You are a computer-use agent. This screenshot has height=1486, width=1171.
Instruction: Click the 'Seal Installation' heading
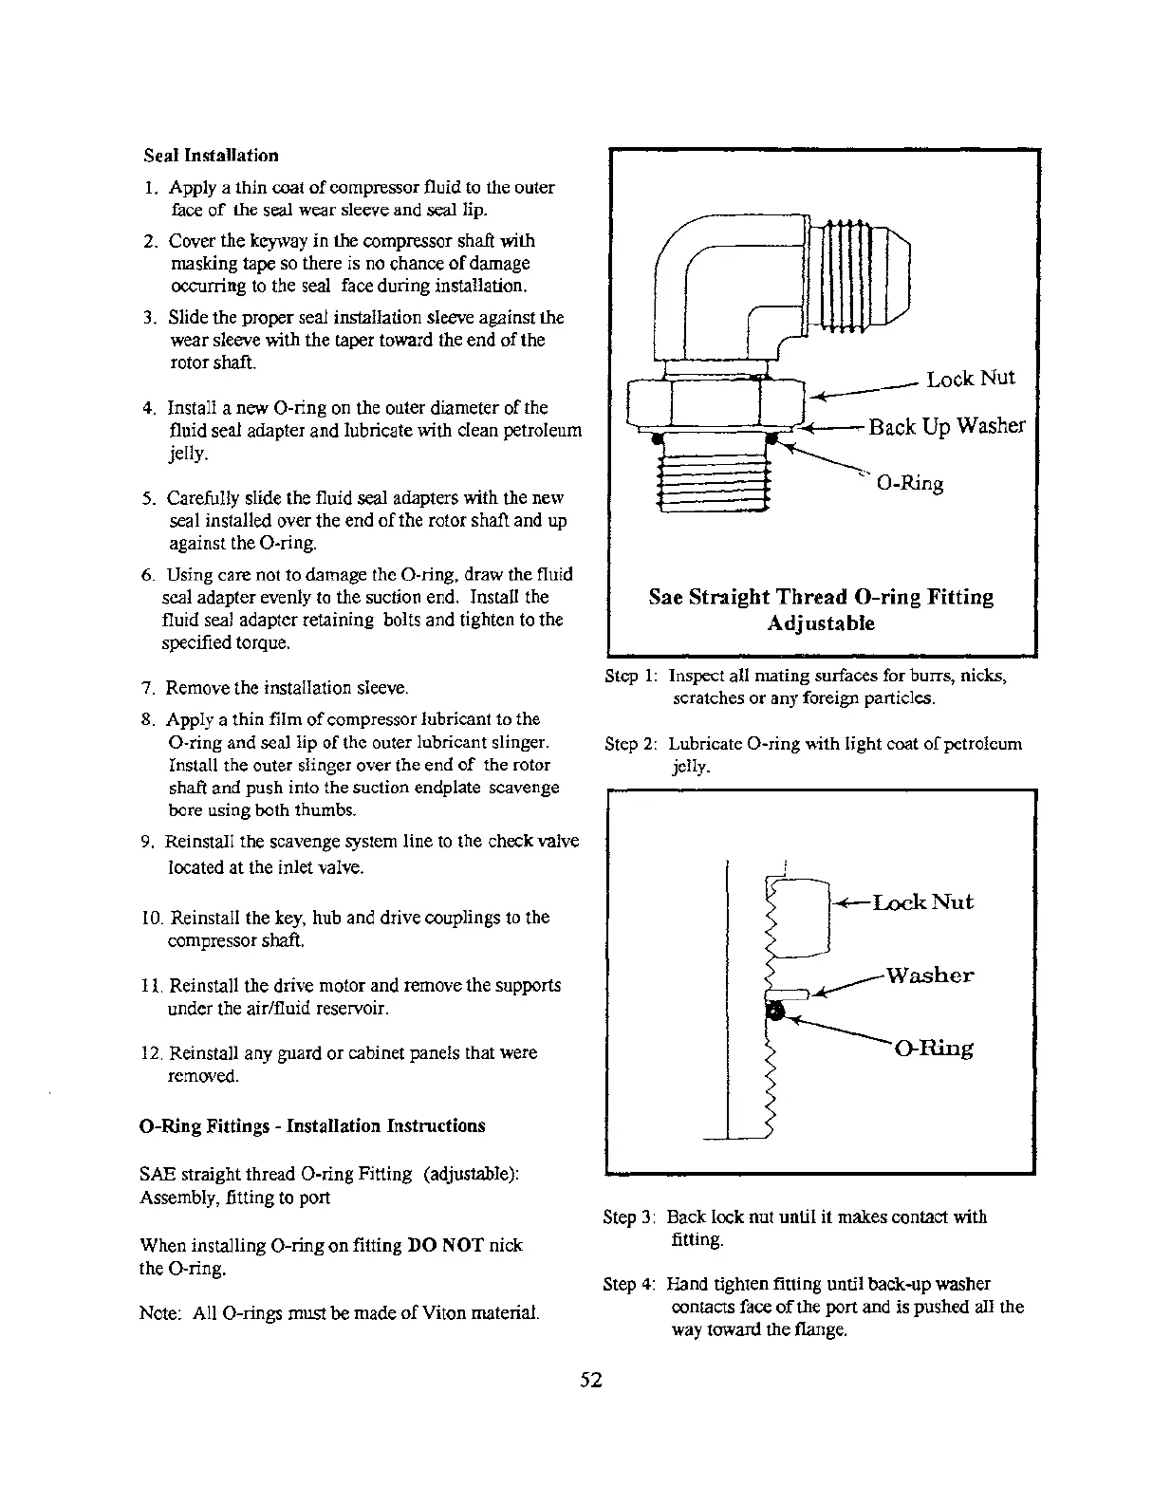click(211, 156)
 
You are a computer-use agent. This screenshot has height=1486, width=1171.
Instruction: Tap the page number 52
click(591, 1380)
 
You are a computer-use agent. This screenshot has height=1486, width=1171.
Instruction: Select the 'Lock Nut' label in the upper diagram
click(970, 379)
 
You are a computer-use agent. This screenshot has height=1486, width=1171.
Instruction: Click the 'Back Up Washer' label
click(946, 426)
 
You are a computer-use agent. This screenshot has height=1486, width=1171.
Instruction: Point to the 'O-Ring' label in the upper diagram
click(909, 483)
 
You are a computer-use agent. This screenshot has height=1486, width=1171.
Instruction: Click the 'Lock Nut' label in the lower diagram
click(922, 902)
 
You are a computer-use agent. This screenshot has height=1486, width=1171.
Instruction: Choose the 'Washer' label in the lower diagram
click(929, 975)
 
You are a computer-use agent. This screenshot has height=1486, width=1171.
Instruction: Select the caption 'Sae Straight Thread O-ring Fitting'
click(821, 597)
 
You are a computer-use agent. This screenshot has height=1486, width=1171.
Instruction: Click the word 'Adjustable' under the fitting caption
click(821, 623)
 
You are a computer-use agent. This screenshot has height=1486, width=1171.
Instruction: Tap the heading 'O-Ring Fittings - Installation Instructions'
click(312, 1125)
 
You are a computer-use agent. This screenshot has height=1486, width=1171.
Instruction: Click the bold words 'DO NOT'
click(445, 1245)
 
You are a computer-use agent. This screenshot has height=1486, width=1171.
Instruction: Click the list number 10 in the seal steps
click(153, 918)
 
